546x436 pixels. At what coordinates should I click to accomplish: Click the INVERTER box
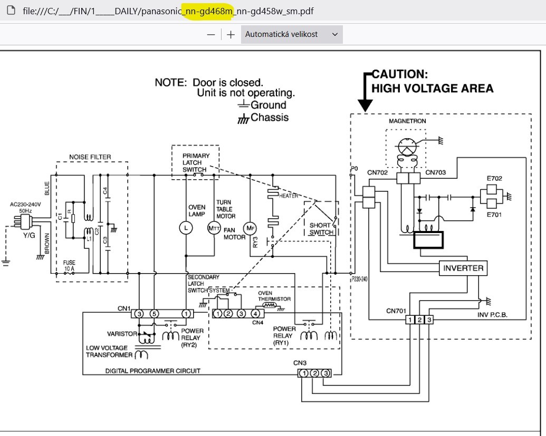point(463,268)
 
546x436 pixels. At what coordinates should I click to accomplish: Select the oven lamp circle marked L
point(186,228)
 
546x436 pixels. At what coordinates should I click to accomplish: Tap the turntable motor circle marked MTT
point(214,228)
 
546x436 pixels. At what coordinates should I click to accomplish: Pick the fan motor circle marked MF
point(250,228)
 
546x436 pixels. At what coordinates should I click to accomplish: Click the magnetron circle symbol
point(407,147)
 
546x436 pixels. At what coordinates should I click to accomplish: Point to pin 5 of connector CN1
point(154,314)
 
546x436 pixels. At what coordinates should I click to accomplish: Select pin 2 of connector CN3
point(314,373)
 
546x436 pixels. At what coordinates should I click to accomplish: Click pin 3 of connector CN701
point(429,320)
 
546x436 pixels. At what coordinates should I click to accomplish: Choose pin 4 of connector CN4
point(255,314)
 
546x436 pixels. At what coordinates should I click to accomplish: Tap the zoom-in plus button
point(231,34)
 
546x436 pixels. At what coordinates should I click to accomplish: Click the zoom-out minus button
point(210,34)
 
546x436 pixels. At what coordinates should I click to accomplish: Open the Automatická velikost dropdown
point(292,34)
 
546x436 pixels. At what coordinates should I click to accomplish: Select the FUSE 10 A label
point(69,266)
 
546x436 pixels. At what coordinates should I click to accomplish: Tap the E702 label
point(494,179)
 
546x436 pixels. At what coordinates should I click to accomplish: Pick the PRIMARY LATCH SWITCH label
point(196,162)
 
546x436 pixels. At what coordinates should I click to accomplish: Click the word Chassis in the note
point(270,118)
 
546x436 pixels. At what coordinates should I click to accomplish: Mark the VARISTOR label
point(122,334)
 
